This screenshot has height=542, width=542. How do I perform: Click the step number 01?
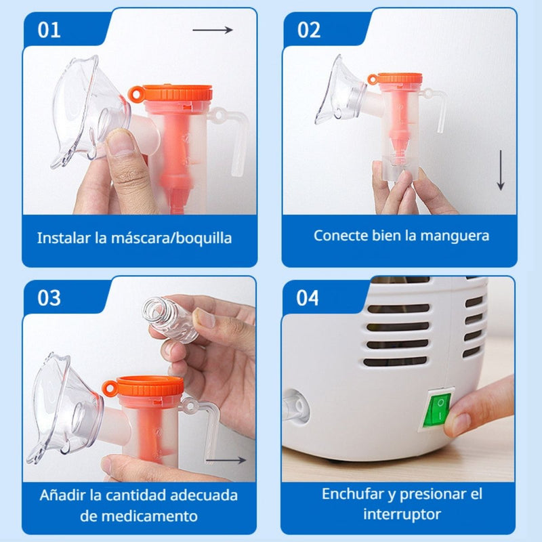point(48,30)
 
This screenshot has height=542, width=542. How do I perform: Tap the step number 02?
point(308,30)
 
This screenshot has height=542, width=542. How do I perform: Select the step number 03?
point(49,298)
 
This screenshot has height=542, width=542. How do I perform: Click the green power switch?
point(438,407)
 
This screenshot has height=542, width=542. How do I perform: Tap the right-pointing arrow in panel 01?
point(213,30)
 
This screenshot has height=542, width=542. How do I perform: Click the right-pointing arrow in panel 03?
point(226,460)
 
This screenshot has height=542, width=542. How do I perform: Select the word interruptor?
point(402,514)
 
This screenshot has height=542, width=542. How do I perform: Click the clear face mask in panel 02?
point(340,91)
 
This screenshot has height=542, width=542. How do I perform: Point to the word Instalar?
point(64,238)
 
